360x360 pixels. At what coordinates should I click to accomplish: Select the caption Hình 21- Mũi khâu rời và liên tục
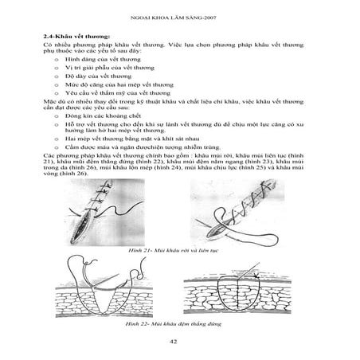coord(179,250)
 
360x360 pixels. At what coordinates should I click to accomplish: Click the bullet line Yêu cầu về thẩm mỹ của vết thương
coord(119,100)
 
